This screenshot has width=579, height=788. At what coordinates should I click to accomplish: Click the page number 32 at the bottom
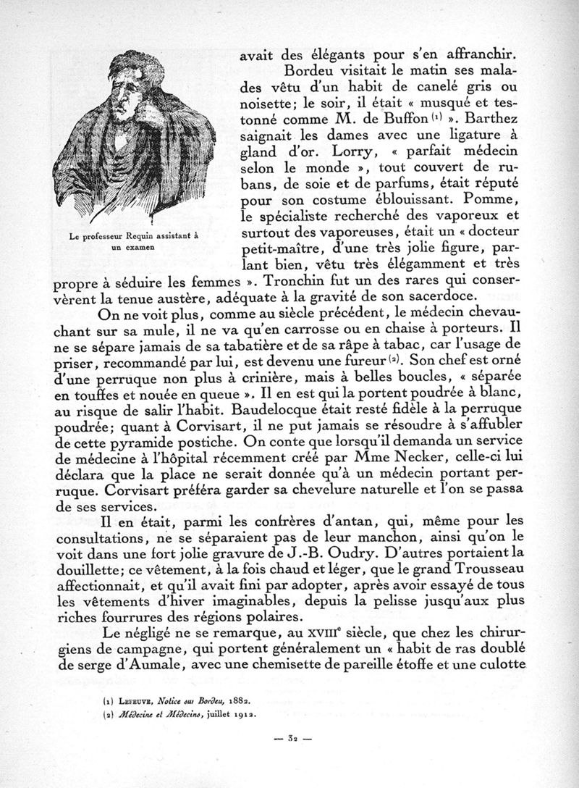[x=289, y=739]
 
